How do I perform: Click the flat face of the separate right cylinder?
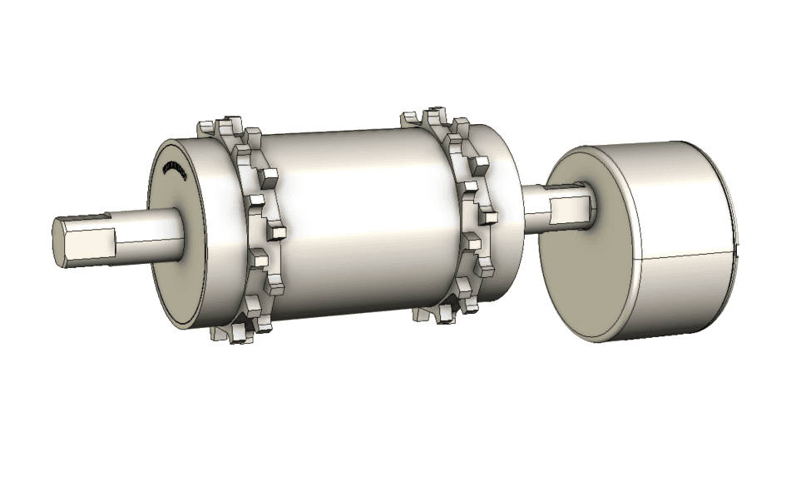(574, 266)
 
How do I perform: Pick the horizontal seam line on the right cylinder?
(682, 255)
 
